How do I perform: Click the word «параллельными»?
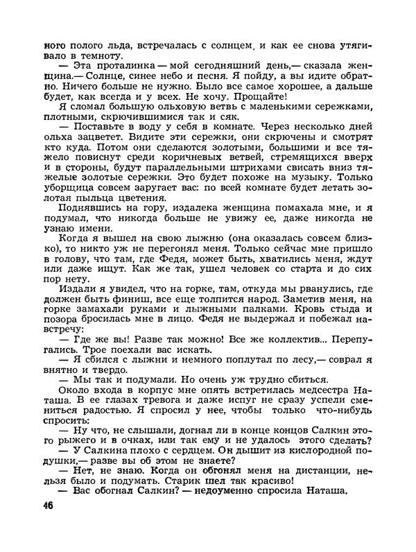[x=169, y=175]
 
